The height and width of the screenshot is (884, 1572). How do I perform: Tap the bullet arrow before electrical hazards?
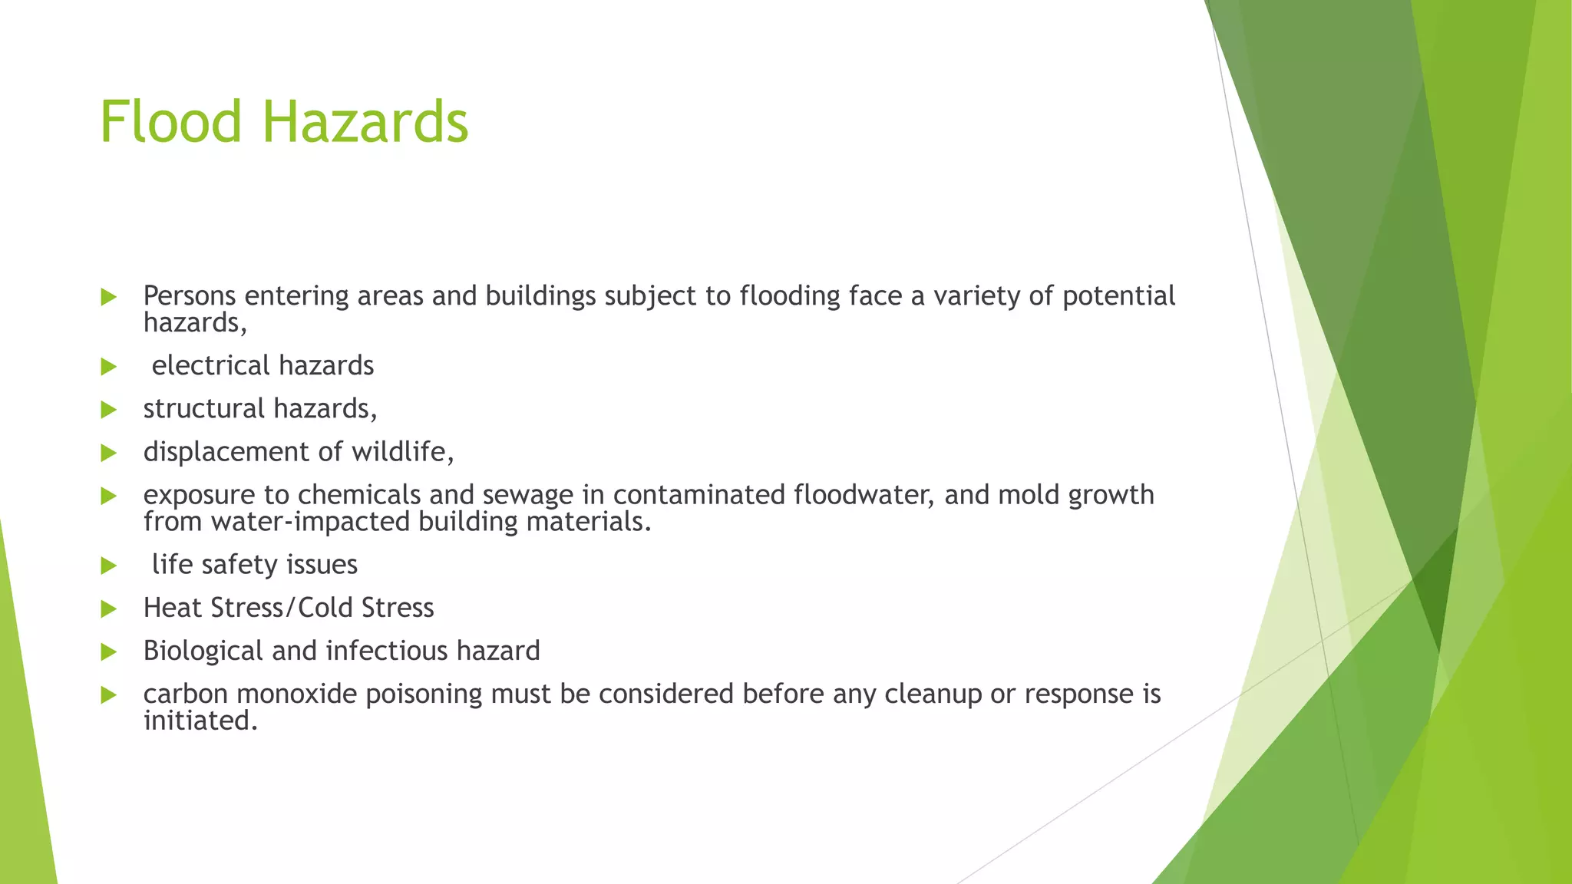[x=108, y=367]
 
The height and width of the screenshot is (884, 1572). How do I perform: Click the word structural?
[x=203, y=408]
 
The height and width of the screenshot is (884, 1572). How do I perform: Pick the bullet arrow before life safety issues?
[x=108, y=566]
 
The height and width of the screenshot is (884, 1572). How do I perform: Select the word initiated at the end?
[x=200, y=721]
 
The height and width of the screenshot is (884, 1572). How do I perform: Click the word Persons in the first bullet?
[x=190, y=295]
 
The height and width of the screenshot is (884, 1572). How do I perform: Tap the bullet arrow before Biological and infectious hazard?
[x=108, y=652]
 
